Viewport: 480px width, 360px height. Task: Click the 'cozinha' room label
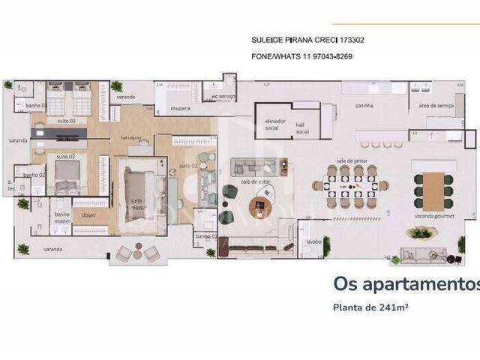coord(364,106)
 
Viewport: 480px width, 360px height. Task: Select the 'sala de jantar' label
coord(350,161)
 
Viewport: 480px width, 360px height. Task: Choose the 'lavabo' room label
coord(313,242)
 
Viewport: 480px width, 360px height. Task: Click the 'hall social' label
coord(302,128)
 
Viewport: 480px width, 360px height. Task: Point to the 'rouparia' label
coord(181,108)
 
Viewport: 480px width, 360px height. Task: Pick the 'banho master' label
coord(61,217)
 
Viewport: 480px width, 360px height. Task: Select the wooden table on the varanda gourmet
coord(433,190)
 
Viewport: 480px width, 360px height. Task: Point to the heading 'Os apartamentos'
coord(405,284)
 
